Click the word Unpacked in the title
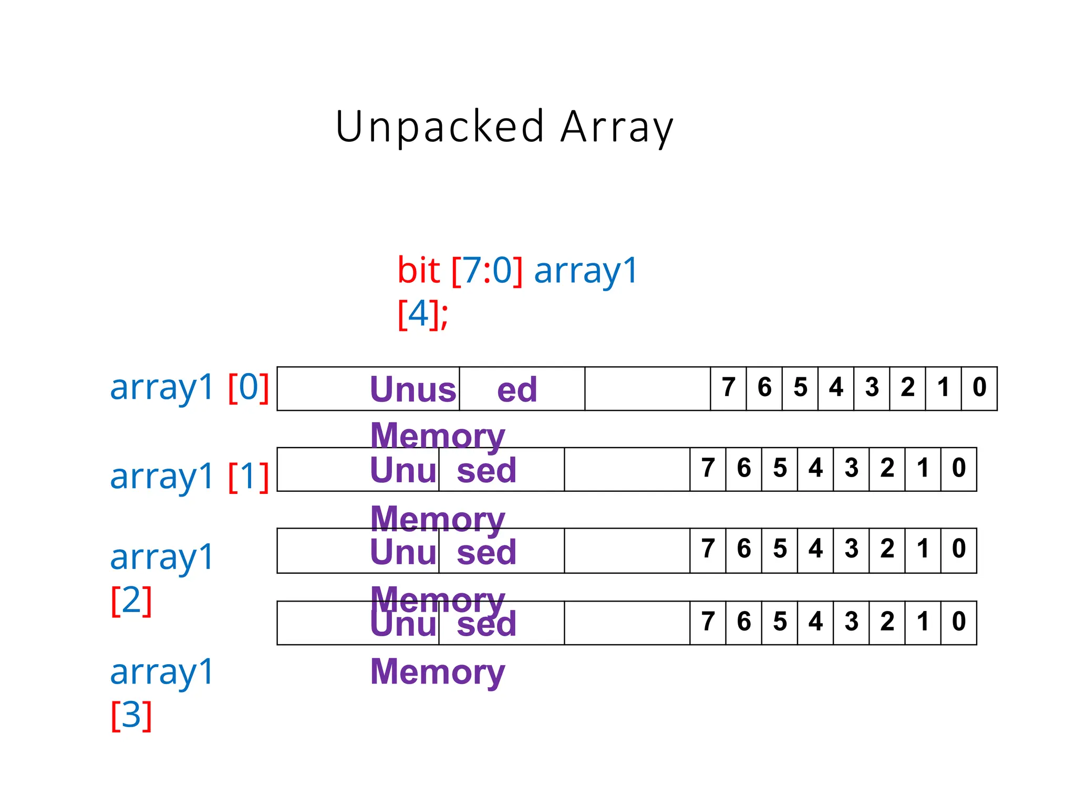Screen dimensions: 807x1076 pyautogui.click(x=439, y=127)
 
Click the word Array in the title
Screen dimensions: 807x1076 pyautogui.click(x=617, y=127)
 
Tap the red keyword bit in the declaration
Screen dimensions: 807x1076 pyautogui.click(x=418, y=271)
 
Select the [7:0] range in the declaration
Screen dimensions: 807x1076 pyautogui.click(x=487, y=271)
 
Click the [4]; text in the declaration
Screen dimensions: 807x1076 pyautogui.click(x=423, y=314)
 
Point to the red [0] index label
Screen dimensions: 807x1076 pyautogui.click(x=249, y=388)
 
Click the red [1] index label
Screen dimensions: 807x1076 pyautogui.click(x=249, y=477)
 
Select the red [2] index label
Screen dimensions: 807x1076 pyautogui.click(x=131, y=600)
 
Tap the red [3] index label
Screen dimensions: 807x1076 pyautogui.click(x=131, y=715)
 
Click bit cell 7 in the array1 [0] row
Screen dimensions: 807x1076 pyautogui.click(x=728, y=388)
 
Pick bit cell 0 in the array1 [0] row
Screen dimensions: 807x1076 pyautogui.click(x=979, y=388)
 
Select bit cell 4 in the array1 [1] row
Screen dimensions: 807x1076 pyautogui.click(x=815, y=469)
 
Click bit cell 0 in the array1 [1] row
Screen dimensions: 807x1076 pyautogui.click(x=959, y=469)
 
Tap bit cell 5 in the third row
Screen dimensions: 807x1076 pyautogui.click(x=780, y=550)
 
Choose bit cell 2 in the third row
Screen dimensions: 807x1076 pyautogui.click(x=887, y=550)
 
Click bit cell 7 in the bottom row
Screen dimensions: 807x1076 pyautogui.click(x=708, y=622)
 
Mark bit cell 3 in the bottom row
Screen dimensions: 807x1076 pyautogui.click(x=851, y=622)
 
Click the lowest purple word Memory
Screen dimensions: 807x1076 pyautogui.click(x=437, y=672)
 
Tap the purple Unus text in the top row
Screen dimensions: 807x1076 pyautogui.click(x=413, y=390)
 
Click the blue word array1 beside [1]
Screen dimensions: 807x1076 pyautogui.click(x=162, y=477)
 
